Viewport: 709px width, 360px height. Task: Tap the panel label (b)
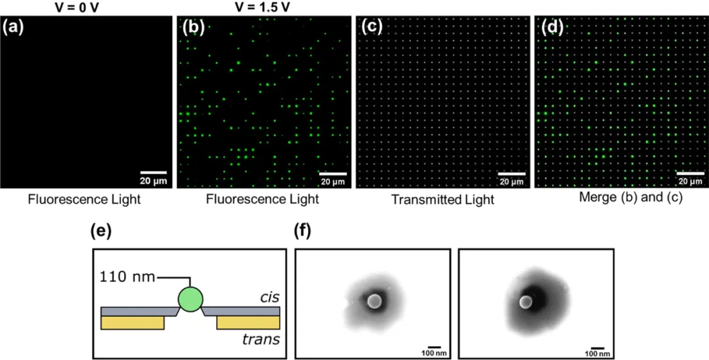tap(194, 28)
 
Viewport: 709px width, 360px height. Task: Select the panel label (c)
tap(372, 28)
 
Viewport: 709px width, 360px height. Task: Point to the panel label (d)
tap(552, 28)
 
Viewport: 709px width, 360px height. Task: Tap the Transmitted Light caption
tap(442, 200)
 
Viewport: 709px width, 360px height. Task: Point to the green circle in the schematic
tap(190, 300)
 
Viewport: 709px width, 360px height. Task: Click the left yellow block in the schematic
tap(133, 323)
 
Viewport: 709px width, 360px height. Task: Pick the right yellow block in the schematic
tap(248, 323)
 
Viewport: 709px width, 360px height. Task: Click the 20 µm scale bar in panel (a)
tap(154, 172)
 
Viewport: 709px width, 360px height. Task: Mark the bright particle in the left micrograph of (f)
tap(374, 300)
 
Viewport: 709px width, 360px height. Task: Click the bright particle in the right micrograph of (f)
tap(525, 302)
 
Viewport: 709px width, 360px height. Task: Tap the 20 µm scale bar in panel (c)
tap(512, 173)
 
